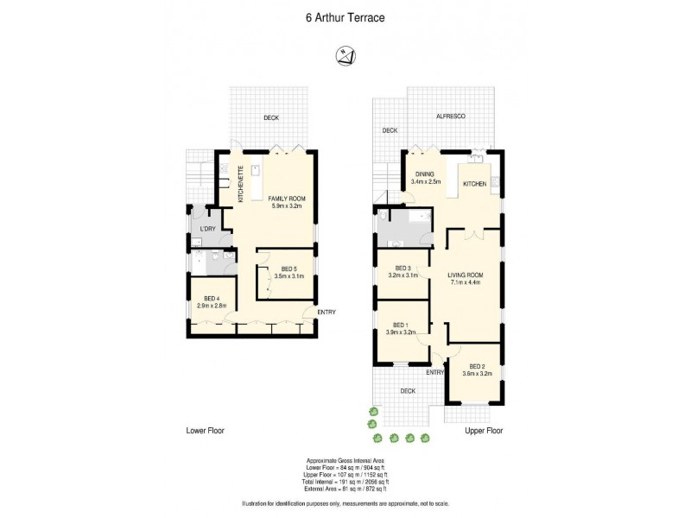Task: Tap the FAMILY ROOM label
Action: tap(286, 198)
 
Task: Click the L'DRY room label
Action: tap(206, 229)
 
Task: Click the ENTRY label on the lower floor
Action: tap(326, 312)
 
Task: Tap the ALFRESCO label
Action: tap(449, 116)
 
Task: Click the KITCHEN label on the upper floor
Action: tap(475, 184)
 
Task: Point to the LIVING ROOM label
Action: tap(465, 275)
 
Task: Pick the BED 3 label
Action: tap(403, 268)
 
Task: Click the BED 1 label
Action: tap(401, 325)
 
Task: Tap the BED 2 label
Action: tap(478, 366)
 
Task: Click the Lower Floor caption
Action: tap(206, 430)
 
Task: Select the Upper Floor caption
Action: tap(484, 430)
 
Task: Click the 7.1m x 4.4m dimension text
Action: tap(465, 283)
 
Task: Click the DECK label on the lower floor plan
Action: tap(272, 118)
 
